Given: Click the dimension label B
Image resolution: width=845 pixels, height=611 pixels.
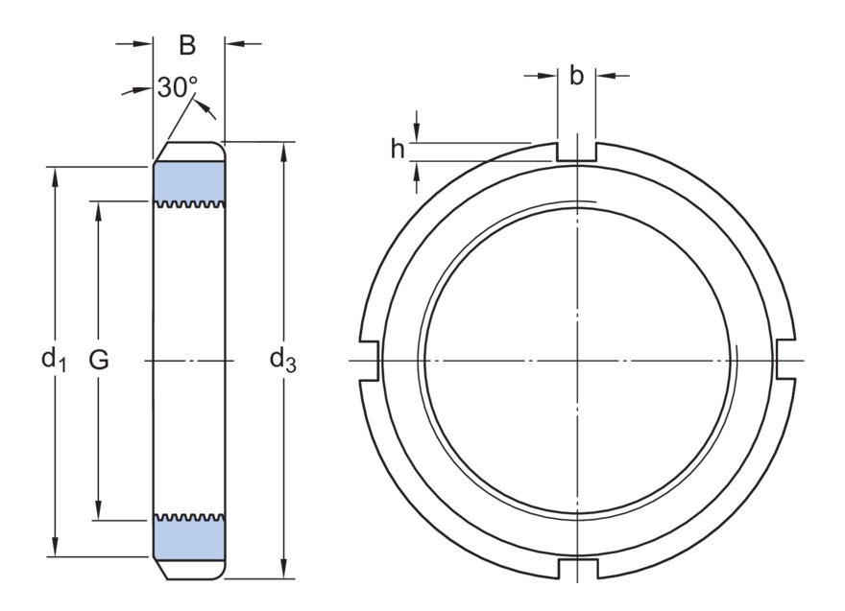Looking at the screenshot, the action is pyautogui.click(x=187, y=45).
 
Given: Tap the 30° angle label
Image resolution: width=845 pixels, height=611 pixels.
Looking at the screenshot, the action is pyautogui.click(x=178, y=87).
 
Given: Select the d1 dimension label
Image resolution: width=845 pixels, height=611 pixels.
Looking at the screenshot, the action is pyautogui.click(x=54, y=359).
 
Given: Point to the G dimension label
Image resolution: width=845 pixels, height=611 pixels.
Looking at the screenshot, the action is pyautogui.click(x=99, y=360).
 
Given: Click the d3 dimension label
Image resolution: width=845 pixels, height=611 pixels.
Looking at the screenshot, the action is pyautogui.click(x=283, y=359).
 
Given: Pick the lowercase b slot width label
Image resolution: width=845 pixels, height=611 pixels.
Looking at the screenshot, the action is pyautogui.click(x=576, y=76).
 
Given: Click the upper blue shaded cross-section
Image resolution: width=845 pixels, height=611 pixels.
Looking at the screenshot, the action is pyautogui.click(x=189, y=181).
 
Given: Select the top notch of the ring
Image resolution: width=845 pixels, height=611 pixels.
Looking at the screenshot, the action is pyautogui.click(x=577, y=152).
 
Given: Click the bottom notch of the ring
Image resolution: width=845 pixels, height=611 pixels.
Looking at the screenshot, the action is pyautogui.click(x=578, y=569).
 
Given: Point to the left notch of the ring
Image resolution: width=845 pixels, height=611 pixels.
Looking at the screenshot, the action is pyautogui.click(x=369, y=360).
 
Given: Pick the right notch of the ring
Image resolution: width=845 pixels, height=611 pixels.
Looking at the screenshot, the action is pyautogui.click(x=785, y=360).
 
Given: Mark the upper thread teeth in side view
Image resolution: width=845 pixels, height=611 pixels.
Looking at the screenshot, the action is pyautogui.click(x=189, y=204).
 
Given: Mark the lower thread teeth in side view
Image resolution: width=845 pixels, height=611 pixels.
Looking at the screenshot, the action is pyautogui.click(x=189, y=517).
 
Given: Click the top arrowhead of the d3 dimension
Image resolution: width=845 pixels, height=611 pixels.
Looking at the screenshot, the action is pyautogui.click(x=284, y=151).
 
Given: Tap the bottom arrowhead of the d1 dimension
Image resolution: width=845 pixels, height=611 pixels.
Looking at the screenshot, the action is pyautogui.click(x=55, y=548).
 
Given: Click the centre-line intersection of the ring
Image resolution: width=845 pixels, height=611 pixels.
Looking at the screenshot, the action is pyautogui.click(x=577, y=360).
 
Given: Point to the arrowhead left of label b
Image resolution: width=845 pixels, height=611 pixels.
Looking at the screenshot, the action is pyautogui.click(x=548, y=76).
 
